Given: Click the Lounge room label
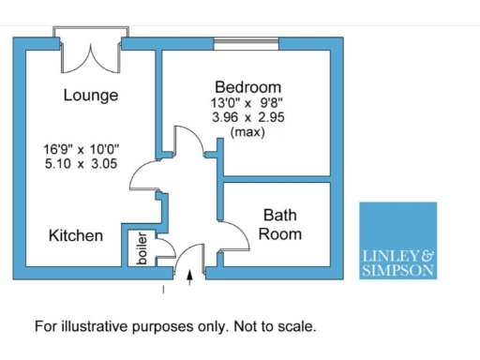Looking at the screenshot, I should pos(91,96).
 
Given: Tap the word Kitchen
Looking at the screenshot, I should pos(76,236).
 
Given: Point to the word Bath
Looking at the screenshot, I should pos(280,215).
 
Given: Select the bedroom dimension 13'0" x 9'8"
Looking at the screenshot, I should pos(248,101).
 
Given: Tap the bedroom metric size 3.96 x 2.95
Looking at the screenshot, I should pos(248,117).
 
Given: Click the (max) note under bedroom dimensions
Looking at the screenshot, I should pos(248,133).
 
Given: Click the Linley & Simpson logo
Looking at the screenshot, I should pos(397,241).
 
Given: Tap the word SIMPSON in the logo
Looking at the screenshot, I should pos(397,270).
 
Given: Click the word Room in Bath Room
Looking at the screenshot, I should pos(280,233).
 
